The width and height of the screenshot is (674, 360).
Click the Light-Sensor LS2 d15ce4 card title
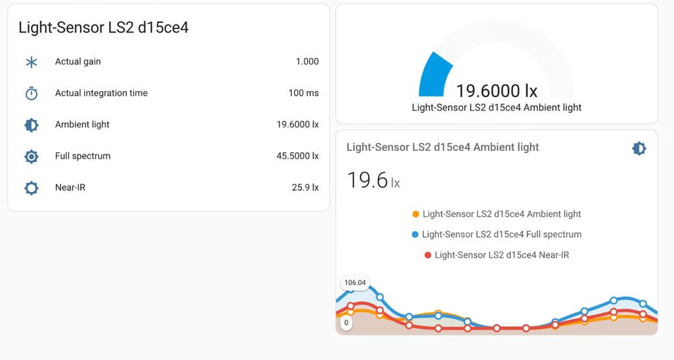tap(103, 28)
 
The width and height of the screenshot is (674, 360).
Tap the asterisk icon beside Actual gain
tap(32, 62)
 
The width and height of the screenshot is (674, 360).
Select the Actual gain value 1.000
tap(307, 61)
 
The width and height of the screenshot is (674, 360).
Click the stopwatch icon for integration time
tap(32, 94)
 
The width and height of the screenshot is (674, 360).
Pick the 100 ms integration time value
tap(303, 93)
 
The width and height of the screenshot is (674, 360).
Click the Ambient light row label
tap(82, 125)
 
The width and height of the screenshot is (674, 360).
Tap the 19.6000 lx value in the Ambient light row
tap(297, 125)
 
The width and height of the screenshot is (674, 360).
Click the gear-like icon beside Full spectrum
tap(32, 156)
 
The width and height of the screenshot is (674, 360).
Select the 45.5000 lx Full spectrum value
tap(297, 156)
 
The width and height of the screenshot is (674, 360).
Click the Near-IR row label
tap(70, 187)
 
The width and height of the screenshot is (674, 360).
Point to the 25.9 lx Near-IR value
tap(305, 187)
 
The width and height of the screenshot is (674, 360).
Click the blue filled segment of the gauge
tap(435, 76)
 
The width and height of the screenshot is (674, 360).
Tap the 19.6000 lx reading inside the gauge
tap(496, 91)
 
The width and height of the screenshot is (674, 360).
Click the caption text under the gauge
tap(496, 107)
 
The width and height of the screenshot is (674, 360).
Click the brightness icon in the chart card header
tap(638, 148)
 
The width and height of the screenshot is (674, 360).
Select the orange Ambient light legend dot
tap(416, 214)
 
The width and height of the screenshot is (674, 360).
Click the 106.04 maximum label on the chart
tap(355, 283)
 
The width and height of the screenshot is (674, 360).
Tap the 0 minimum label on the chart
tap(346, 323)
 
